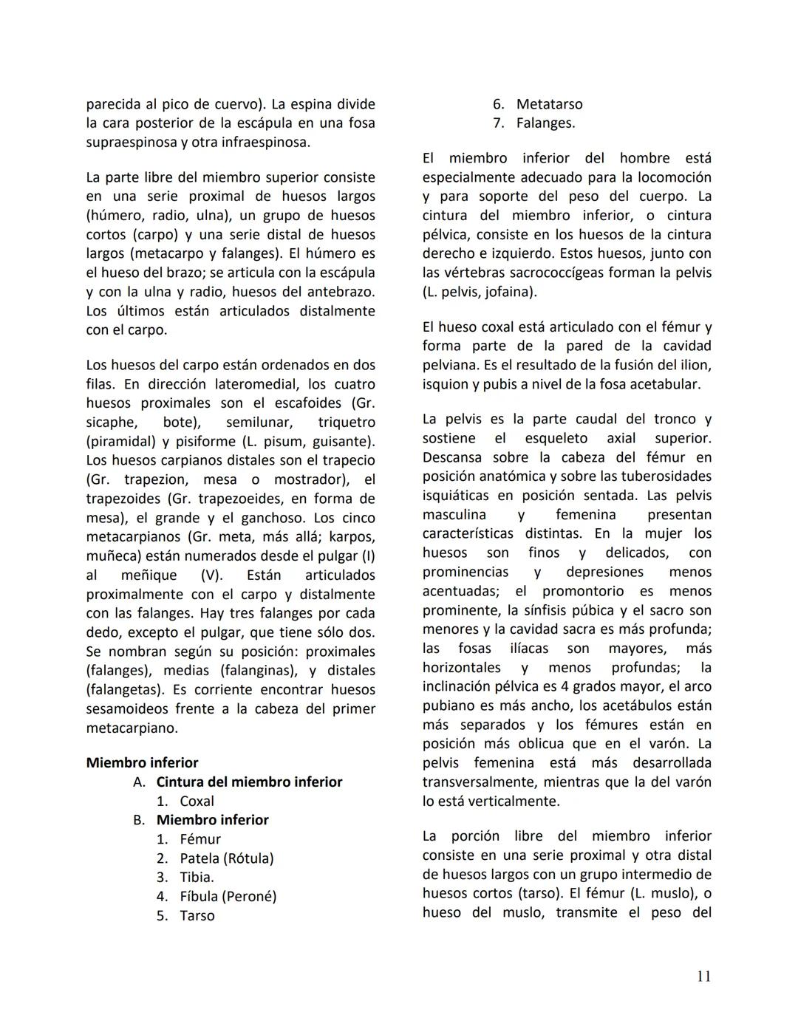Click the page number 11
(703, 976)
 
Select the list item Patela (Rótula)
(226, 858)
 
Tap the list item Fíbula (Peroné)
(228, 897)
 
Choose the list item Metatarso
(549, 104)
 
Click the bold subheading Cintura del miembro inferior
(249, 782)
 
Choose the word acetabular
(664, 384)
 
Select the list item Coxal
(197, 801)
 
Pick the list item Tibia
(197, 878)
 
